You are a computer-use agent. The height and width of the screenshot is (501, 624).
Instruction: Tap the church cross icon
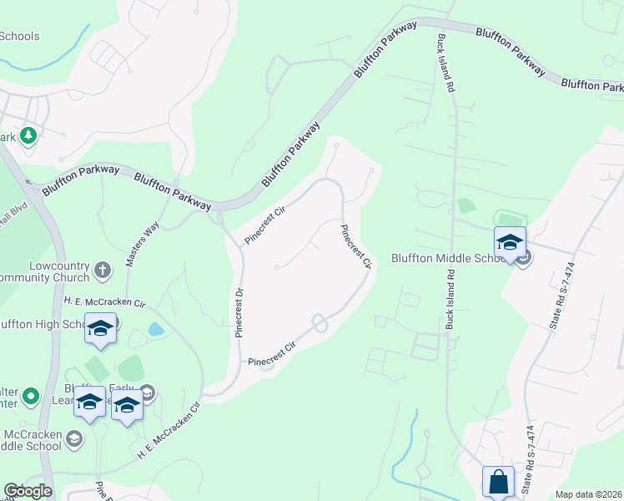103,270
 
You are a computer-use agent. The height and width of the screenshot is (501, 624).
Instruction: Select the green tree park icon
28,135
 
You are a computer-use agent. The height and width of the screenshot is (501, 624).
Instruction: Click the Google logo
28,491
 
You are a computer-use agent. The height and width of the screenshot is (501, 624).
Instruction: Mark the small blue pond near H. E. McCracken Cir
156,330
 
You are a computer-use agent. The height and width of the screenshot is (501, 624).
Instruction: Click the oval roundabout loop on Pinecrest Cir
319,322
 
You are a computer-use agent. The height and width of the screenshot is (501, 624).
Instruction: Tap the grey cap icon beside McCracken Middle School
73,438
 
